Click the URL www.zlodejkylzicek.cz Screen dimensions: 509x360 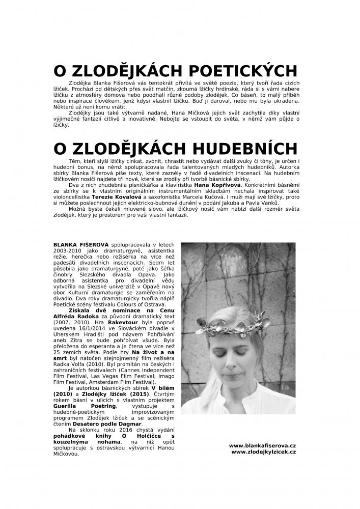tap(263, 451)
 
